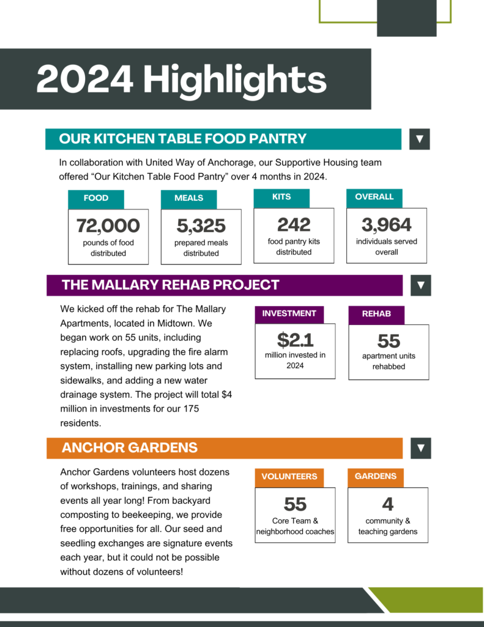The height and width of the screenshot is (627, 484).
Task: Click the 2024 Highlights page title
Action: coord(181,80)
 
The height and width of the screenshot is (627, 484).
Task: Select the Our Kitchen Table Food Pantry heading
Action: coord(182,139)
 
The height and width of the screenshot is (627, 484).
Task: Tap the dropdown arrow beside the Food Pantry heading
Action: coord(420,139)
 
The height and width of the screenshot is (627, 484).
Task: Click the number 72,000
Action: coord(108,226)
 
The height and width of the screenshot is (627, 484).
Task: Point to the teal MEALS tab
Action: coord(188,198)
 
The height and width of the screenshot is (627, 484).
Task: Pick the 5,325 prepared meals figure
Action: coord(201,226)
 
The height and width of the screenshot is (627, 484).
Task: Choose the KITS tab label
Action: coord(281,197)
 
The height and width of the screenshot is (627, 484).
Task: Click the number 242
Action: coord(294,225)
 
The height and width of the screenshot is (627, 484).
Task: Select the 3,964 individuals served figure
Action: coord(387,225)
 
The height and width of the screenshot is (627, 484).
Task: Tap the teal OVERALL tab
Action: coord(374,197)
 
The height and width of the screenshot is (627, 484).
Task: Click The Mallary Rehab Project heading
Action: coord(170,285)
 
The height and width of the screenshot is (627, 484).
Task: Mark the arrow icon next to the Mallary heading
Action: coord(420,285)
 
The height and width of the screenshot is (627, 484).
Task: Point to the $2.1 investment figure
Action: coord(295,339)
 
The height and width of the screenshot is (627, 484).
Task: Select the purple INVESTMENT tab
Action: coord(289,313)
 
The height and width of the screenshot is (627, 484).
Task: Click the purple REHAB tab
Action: coord(376,314)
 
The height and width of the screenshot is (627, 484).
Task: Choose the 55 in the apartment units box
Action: coord(389,340)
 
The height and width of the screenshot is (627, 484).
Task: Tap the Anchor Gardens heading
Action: coord(130,448)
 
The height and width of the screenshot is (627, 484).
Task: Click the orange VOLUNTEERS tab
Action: coord(289,476)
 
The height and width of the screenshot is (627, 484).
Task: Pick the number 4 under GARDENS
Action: coord(388,504)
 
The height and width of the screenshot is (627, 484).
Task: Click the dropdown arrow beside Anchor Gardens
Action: coord(420,448)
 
